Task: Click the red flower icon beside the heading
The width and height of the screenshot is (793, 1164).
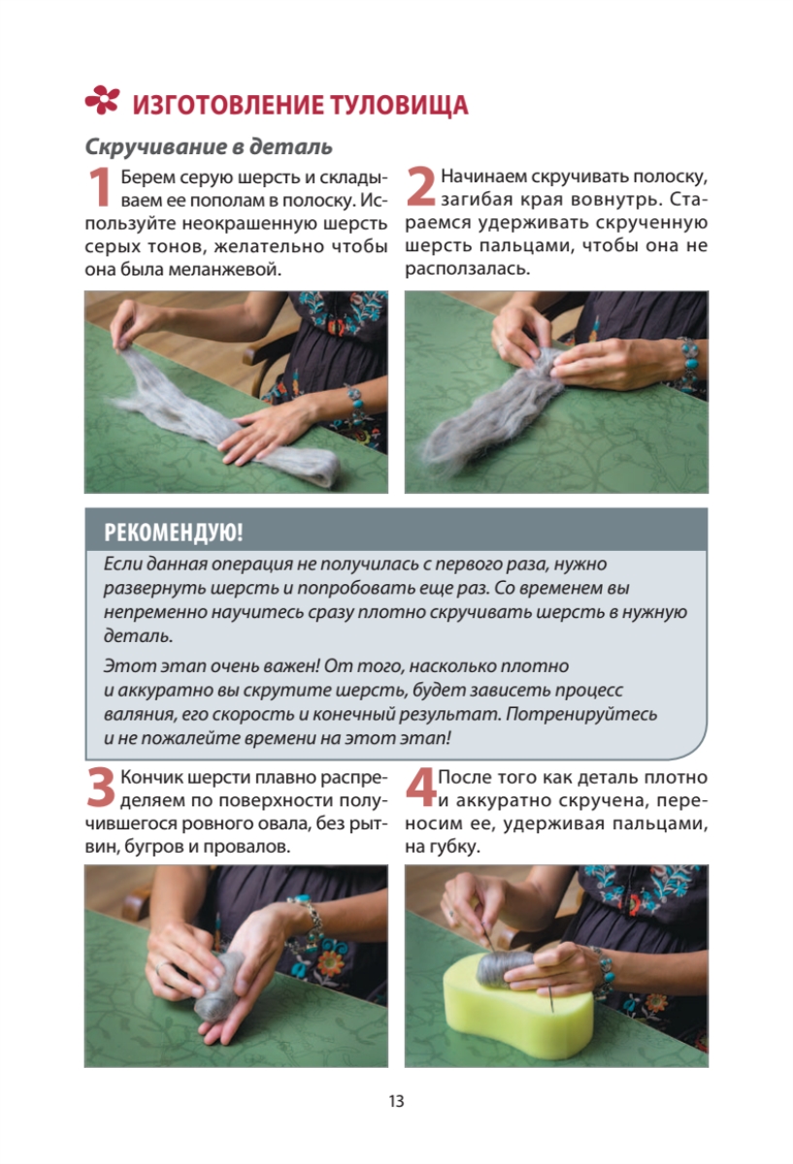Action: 102,100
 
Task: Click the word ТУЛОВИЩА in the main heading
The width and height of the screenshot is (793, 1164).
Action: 399,105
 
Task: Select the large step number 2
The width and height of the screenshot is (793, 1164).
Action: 420,185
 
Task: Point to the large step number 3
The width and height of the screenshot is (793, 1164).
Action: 100,788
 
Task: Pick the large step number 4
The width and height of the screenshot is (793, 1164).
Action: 420,788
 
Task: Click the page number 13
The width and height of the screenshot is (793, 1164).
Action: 396,1101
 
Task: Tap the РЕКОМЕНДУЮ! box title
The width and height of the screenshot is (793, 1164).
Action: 173,533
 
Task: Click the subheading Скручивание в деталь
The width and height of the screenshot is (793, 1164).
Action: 209,147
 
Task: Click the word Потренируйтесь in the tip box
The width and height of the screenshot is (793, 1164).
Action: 581,715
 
